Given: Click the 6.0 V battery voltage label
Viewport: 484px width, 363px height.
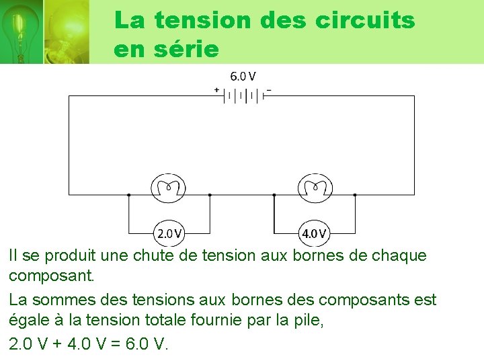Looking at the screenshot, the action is [243, 77].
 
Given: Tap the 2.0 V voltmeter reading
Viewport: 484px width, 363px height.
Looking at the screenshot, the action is [169, 234].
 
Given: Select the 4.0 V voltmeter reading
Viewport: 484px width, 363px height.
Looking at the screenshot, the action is [315, 234].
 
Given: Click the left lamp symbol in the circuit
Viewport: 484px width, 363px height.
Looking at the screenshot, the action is [169, 188].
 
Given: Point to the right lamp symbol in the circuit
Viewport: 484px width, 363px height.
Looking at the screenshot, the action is [315, 188].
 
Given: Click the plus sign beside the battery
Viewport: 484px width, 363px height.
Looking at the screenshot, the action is [216, 89].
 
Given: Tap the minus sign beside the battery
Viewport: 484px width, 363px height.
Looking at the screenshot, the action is [269, 89].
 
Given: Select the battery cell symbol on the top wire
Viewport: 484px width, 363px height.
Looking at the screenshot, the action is [243, 95].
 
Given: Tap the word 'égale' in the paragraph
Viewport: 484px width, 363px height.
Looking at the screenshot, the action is [30, 322].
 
